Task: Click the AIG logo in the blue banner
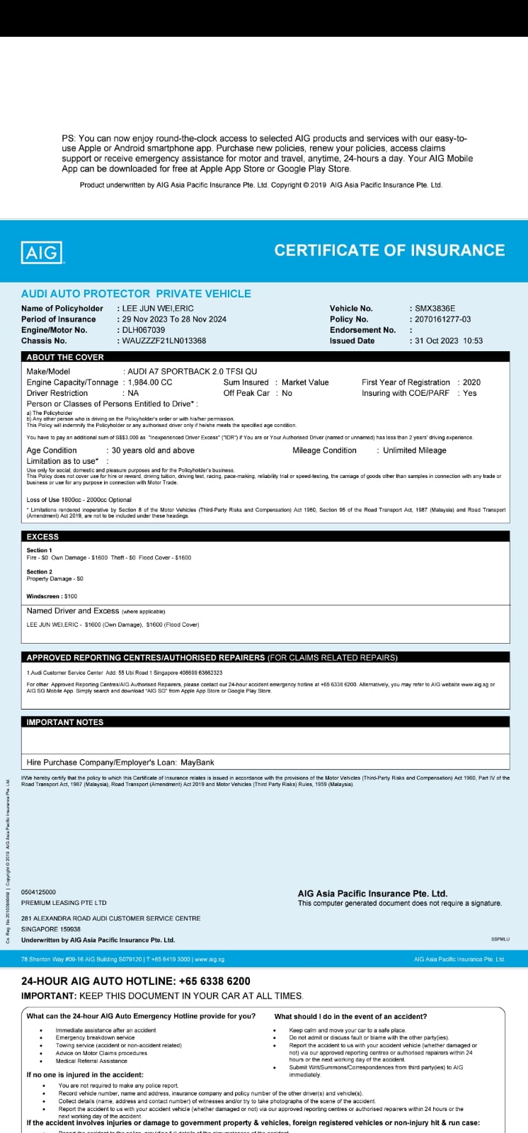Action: pyautogui.click(x=42, y=252)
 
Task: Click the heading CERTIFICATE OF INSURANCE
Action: pyautogui.click(x=389, y=251)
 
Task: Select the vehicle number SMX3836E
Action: pyautogui.click(x=435, y=309)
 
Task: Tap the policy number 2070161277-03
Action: pyautogui.click(x=442, y=319)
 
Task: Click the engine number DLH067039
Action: pyautogui.click(x=144, y=330)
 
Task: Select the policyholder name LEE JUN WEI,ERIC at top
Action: pyautogui.click(x=158, y=309)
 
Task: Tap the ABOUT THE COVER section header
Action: pyautogui.click(x=65, y=358)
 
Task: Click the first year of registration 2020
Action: pyautogui.click(x=471, y=382)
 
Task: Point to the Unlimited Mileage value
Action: pyautogui.click(x=414, y=450)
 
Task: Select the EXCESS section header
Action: pyautogui.click(x=42, y=537)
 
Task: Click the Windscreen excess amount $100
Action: pyautogui.click(x=70, y=596)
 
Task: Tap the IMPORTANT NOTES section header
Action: pyautogui.click(x=65, y=722)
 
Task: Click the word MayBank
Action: pyautogui.click(x=197, y=763)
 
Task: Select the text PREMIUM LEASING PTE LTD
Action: pyautogui.click(x=64, y=903)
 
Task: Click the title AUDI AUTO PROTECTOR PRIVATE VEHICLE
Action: pyautogui.click(x=136, y=294)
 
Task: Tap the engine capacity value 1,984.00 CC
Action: pyautogui.click(x=150, y=382)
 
